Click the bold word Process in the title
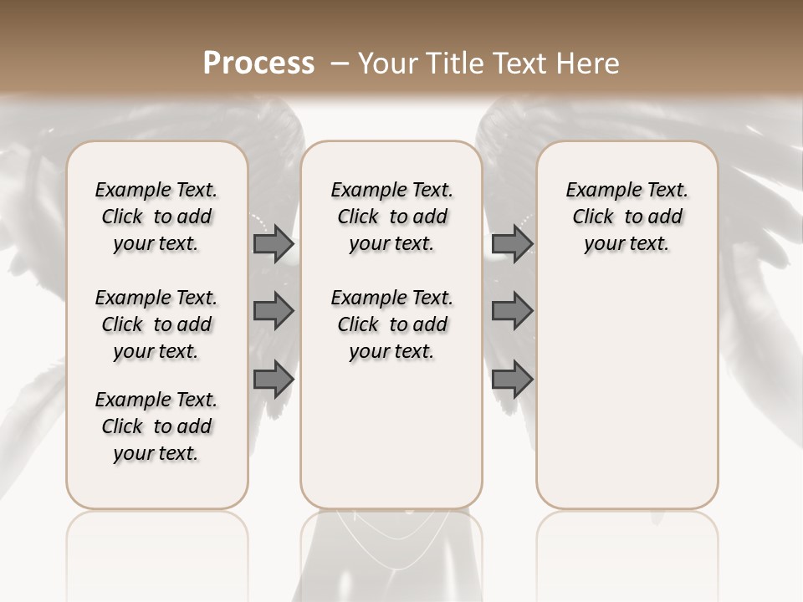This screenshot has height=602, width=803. tap(258, 63)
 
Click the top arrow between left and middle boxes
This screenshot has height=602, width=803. tap(274, 244)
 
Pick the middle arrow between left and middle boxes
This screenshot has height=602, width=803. tap(274, 312)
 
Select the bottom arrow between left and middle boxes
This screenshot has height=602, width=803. tap(274, 380)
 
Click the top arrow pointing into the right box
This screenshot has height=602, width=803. tap(512, 244)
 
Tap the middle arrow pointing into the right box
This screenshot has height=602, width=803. tap(512, 312)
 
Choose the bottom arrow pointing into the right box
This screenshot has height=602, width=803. tap(512, 380)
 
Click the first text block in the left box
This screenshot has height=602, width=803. tap(156, 217)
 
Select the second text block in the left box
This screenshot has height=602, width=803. tap(156, 324)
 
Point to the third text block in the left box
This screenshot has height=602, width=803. tap(156, 426)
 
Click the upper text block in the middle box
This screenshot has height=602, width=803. tap(391, 217)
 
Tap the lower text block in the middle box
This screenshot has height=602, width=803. tap(391, 324)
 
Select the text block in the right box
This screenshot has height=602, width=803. tap(627, 217)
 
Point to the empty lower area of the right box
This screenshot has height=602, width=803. tap(627, 393)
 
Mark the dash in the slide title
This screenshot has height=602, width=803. tap(339, 63)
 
